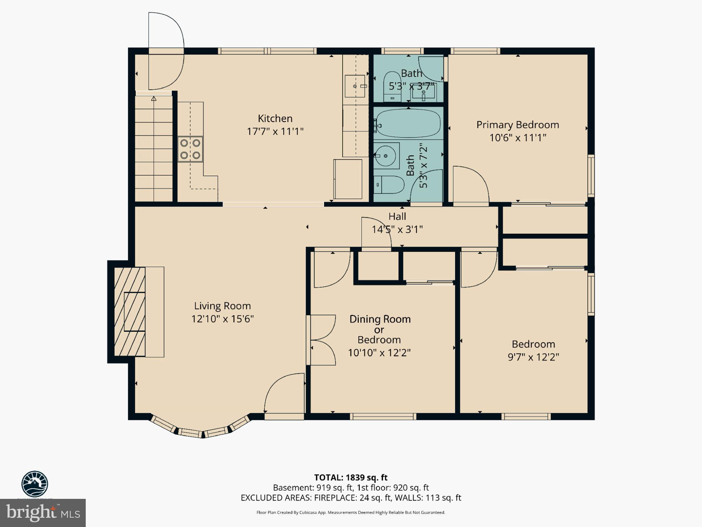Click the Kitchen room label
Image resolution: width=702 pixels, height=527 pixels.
point(275,119)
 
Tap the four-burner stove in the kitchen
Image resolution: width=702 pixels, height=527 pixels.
point(190,149)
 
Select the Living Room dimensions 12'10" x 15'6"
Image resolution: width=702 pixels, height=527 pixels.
point(222,319)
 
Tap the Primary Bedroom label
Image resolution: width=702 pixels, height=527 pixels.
point(517,125)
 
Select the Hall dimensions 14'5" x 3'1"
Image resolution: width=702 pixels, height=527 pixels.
point(397,229)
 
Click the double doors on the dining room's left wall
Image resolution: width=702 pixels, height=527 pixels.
point(322,340)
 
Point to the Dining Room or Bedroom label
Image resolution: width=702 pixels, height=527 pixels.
point(380,329)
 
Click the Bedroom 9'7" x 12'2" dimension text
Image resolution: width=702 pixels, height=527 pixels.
point(533,357)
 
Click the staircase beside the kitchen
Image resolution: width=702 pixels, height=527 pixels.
point(154,149)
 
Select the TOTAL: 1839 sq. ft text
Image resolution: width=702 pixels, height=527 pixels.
point(350,478)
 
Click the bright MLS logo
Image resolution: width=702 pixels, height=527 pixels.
point(43,513)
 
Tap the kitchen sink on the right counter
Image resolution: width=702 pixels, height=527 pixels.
point(355,86)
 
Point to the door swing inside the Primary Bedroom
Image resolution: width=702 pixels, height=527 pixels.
point(470,185)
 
